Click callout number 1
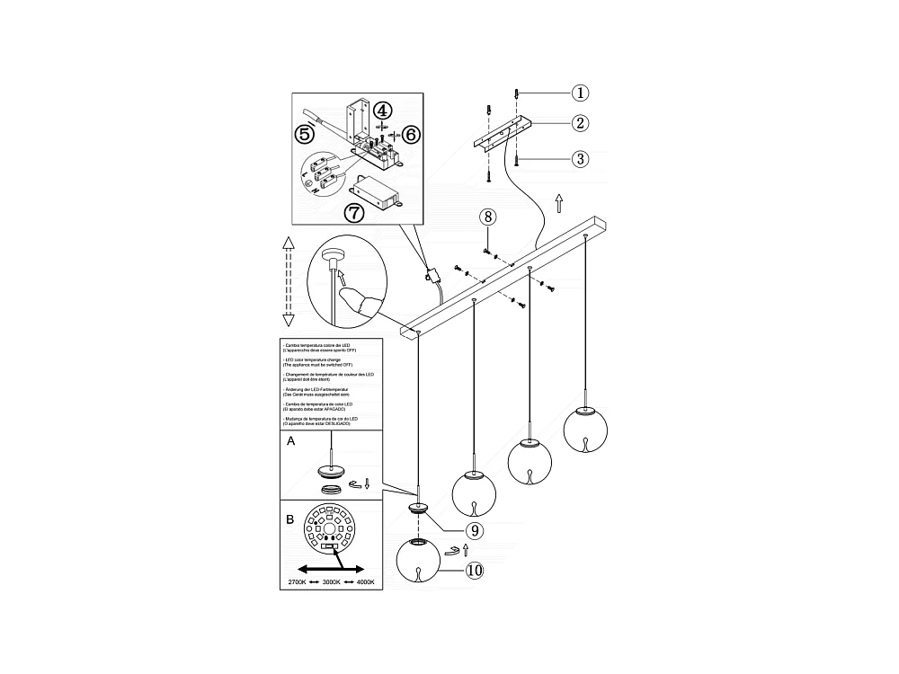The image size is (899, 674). [x=581, y=93]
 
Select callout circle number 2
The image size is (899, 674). [x=581, y=124]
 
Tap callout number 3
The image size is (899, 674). [x=581, y=158]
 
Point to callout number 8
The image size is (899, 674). [x=487, y=217]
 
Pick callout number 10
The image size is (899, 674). [x=475, y=570]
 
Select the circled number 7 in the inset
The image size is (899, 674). [x=355, y=213]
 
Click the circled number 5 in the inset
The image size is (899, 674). [x=304, y=135]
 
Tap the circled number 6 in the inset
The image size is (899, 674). [x=411, y=134]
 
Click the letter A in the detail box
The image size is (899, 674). [x=290, y=442]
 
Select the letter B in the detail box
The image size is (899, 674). [x=289, y=519]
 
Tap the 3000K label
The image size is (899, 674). [x=333, y=582]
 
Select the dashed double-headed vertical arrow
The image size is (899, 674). [x=289, y=282]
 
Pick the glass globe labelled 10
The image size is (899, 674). [x=418, y=561]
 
